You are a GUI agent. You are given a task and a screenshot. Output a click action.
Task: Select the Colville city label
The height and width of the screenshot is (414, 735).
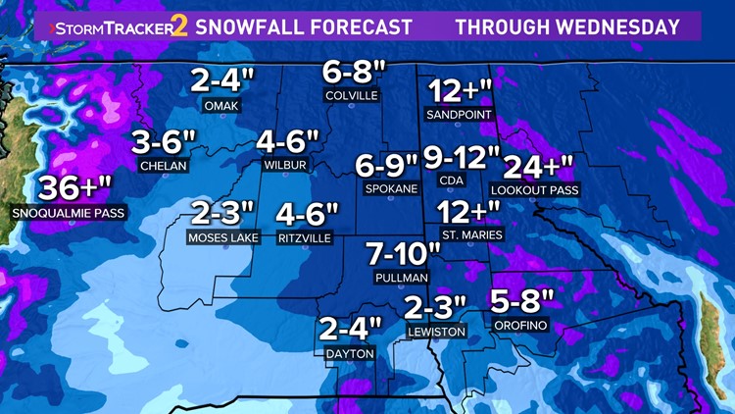coord(353,96)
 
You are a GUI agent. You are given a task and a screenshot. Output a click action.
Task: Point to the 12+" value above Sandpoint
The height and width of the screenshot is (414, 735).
coord(459,91)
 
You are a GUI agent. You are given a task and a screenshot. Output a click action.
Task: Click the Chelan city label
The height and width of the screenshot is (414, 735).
coord(164,166)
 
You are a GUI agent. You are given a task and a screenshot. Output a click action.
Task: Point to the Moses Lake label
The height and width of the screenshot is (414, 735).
coord(222,238)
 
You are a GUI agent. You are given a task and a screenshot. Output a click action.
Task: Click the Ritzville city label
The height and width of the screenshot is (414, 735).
coord(305,238)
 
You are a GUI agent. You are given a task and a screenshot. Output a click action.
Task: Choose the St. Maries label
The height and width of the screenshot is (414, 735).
coord(472,235)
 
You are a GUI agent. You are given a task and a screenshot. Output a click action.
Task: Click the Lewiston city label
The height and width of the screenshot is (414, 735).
coord(436,333)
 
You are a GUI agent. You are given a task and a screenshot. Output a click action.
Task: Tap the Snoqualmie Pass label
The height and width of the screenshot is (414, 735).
coord(70,212)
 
